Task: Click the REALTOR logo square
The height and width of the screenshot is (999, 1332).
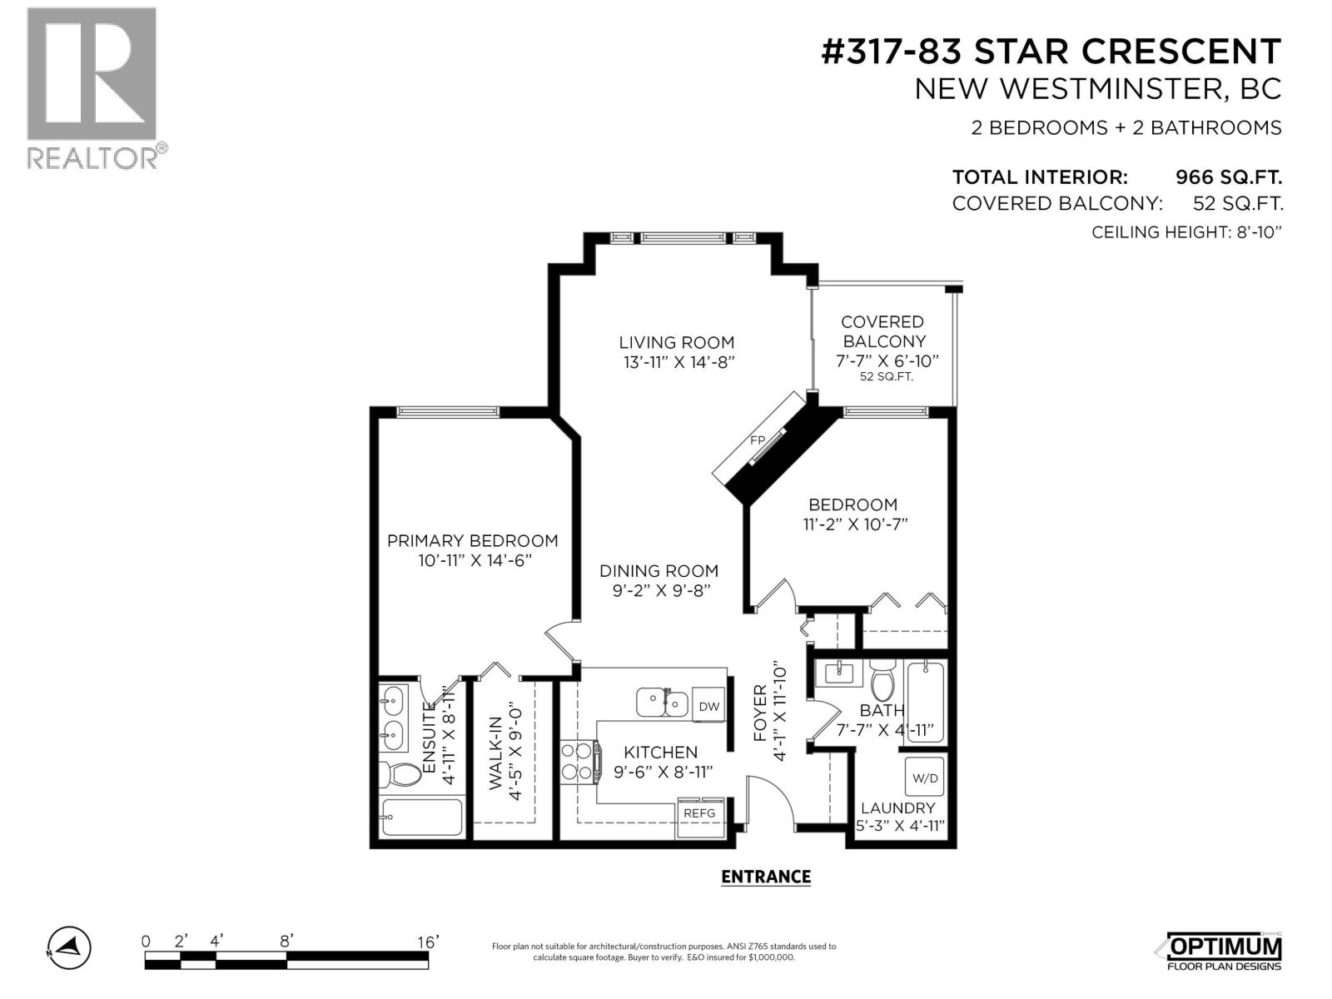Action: point(92,74)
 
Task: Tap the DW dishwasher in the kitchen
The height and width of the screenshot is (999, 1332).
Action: point(708,705)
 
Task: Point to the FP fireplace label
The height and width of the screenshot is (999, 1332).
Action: point(758,440)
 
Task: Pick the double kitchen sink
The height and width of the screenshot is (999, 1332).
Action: point(662,703)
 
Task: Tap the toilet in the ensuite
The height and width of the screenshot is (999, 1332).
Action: point(400,774)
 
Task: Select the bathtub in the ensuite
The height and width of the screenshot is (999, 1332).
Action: point(422,817)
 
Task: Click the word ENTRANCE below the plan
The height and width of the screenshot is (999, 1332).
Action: point(765,877)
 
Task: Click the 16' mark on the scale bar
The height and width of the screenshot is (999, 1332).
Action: point(426,942)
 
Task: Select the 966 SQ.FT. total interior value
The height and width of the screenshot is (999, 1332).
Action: point(1228,177)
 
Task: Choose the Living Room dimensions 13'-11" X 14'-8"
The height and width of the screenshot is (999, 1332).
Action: point(678,362)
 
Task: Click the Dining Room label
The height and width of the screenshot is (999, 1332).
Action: point(659,571)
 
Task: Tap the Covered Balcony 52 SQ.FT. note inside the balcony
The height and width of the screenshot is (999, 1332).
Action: point(886,376)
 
